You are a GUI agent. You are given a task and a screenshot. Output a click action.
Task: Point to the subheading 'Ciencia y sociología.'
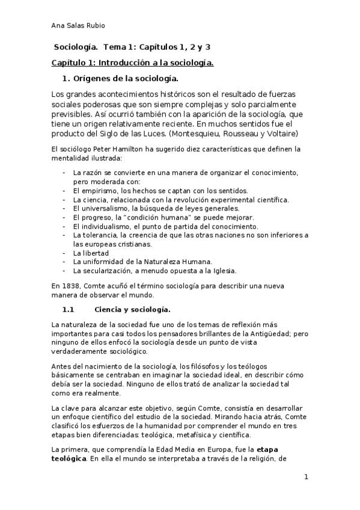pos(133,310)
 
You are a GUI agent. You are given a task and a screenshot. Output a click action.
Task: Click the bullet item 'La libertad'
pos(91,253)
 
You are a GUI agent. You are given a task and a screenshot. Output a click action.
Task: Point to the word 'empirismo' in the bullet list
pos(99,191)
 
